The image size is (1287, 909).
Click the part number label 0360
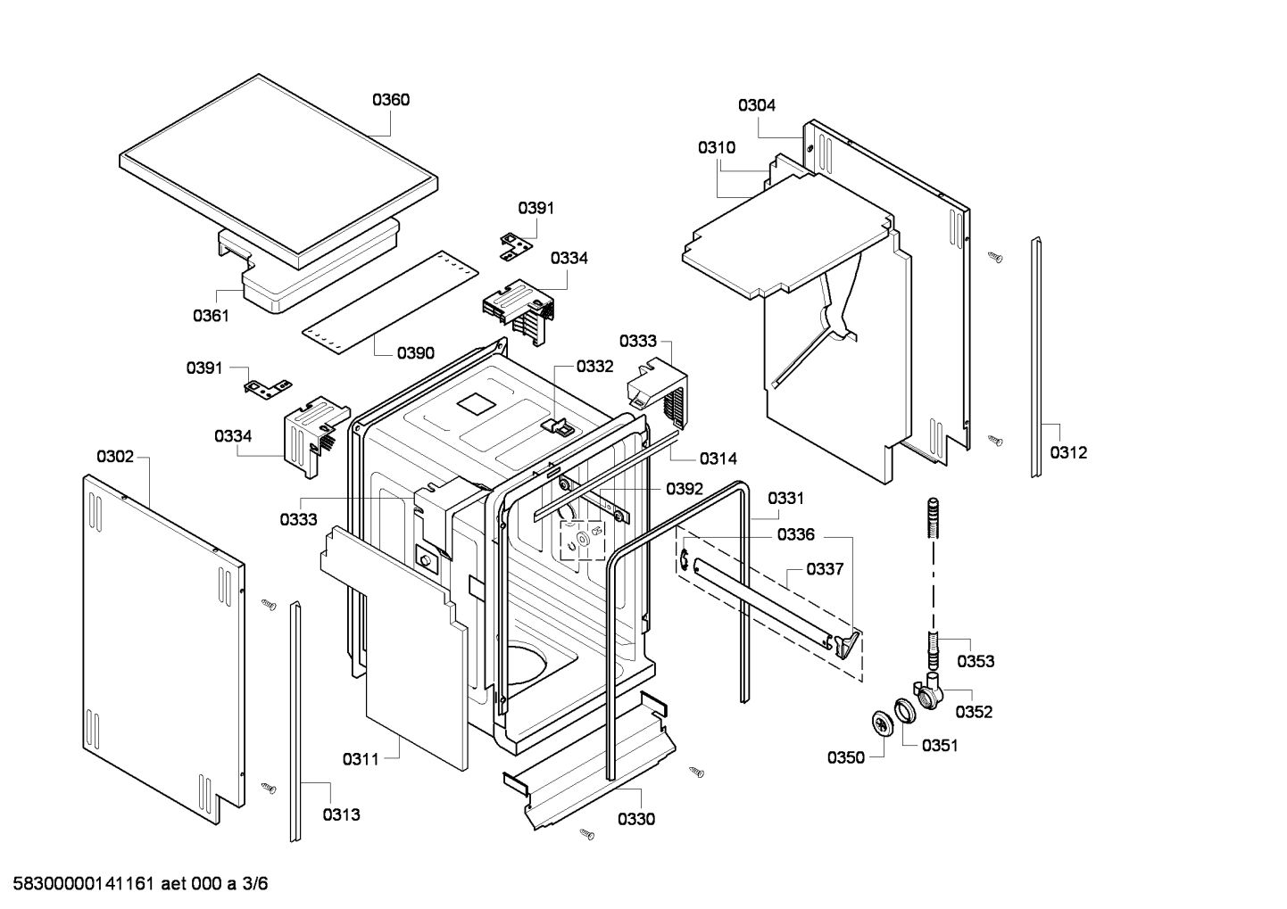coord(391,100)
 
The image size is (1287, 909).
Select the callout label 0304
coord(757,105)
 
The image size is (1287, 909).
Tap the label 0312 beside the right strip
coord(1068,453)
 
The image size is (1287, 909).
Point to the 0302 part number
coord(115,457)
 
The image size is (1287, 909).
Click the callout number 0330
coord(636,819)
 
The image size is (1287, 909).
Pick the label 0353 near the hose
coord(976,662)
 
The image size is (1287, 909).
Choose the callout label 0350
coord(846,758)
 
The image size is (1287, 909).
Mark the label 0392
coord(685,489)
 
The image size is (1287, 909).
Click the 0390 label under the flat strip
coord(415,353)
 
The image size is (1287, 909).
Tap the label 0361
coord(211,316)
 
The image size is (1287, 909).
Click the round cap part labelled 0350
coord(883,723)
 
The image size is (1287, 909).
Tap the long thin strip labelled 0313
coord(295,722)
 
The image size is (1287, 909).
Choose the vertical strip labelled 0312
coord(1036,357)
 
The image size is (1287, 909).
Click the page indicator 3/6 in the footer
coord(254,884)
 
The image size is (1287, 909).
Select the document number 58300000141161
coord(83,884)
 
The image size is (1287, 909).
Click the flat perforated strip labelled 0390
coord(391,302)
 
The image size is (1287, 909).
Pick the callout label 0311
coord(361,759)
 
